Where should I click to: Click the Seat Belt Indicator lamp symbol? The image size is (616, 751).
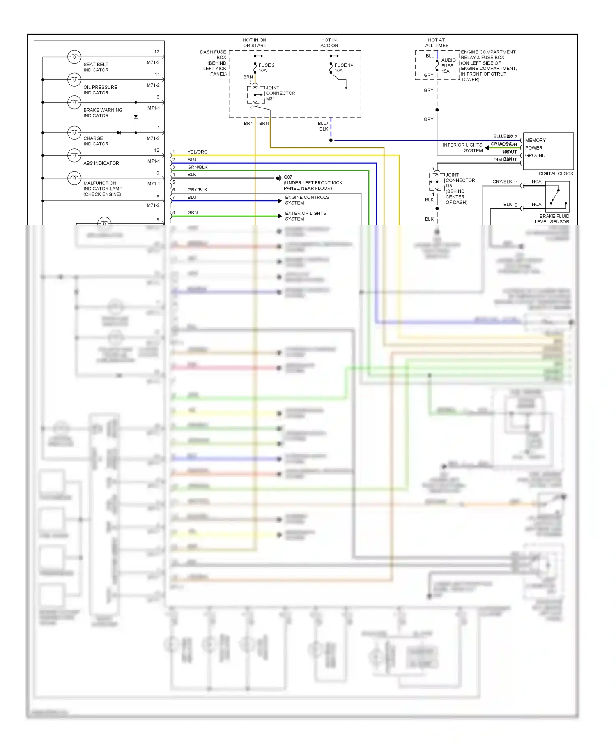[74, 57]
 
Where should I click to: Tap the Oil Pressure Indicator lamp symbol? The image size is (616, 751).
[74, 79]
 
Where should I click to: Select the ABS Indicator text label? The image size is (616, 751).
[101, 163]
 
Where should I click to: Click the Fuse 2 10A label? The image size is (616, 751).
[266, 68]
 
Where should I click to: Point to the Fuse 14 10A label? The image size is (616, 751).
[343, 68]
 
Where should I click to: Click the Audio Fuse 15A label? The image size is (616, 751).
[448, 66]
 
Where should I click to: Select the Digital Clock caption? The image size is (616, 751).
[556, 173]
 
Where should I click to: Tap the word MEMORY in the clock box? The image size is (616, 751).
[535, 140]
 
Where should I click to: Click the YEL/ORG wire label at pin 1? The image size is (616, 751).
[198, 152]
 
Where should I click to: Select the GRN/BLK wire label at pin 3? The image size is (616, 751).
[198, 167]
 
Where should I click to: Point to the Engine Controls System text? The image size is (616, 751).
[307, 200]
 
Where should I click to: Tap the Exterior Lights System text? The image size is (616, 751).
[305, 216]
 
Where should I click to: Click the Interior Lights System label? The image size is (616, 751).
[463, 147]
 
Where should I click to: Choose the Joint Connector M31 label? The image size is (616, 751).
[280, 93]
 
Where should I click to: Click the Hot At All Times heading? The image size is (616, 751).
[437, 43]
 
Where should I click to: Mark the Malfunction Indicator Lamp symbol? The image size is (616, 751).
[74, 178]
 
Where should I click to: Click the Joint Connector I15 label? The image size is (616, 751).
[460, 189]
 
